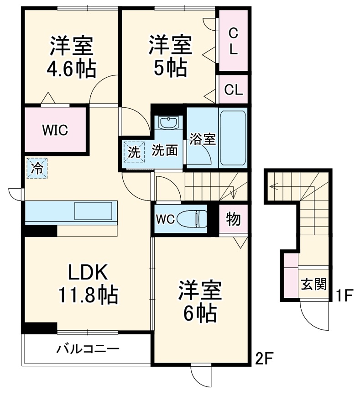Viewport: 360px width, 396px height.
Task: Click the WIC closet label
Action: [x=55, y=130]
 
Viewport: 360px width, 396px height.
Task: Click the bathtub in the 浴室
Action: [x=233, y=138]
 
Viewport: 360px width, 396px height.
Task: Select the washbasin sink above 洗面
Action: [x=168, y=123]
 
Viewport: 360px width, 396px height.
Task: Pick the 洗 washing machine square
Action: [x=134, y=152]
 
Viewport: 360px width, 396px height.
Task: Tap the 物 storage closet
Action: [x=233, y=219]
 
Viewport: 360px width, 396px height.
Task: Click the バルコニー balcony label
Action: [x=88, y=350]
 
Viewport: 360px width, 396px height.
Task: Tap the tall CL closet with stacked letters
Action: [x=233, y=41]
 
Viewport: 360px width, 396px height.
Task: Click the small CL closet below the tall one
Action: [x=233, y=90]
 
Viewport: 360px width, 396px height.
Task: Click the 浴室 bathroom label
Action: [x=202, y=139]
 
